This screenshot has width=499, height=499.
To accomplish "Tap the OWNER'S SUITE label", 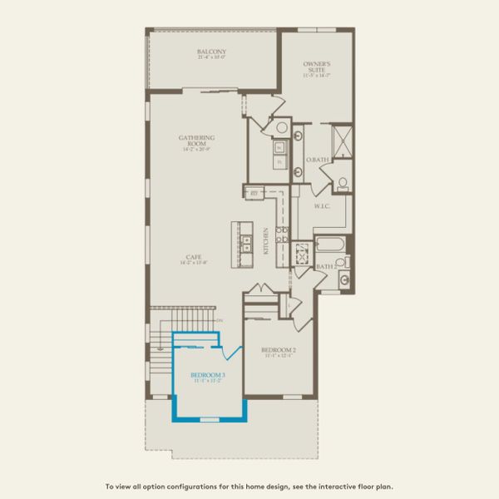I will coord(317,65).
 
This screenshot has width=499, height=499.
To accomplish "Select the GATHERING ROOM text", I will coord(197,141).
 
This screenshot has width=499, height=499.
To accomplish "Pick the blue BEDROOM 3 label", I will coord(208,375).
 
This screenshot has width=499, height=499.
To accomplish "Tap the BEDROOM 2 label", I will coord(279,350).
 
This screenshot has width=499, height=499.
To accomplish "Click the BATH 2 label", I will coord(326,267).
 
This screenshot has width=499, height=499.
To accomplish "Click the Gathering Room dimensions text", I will coord(197,151).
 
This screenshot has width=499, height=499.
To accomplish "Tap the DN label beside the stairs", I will coord(220,320).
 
